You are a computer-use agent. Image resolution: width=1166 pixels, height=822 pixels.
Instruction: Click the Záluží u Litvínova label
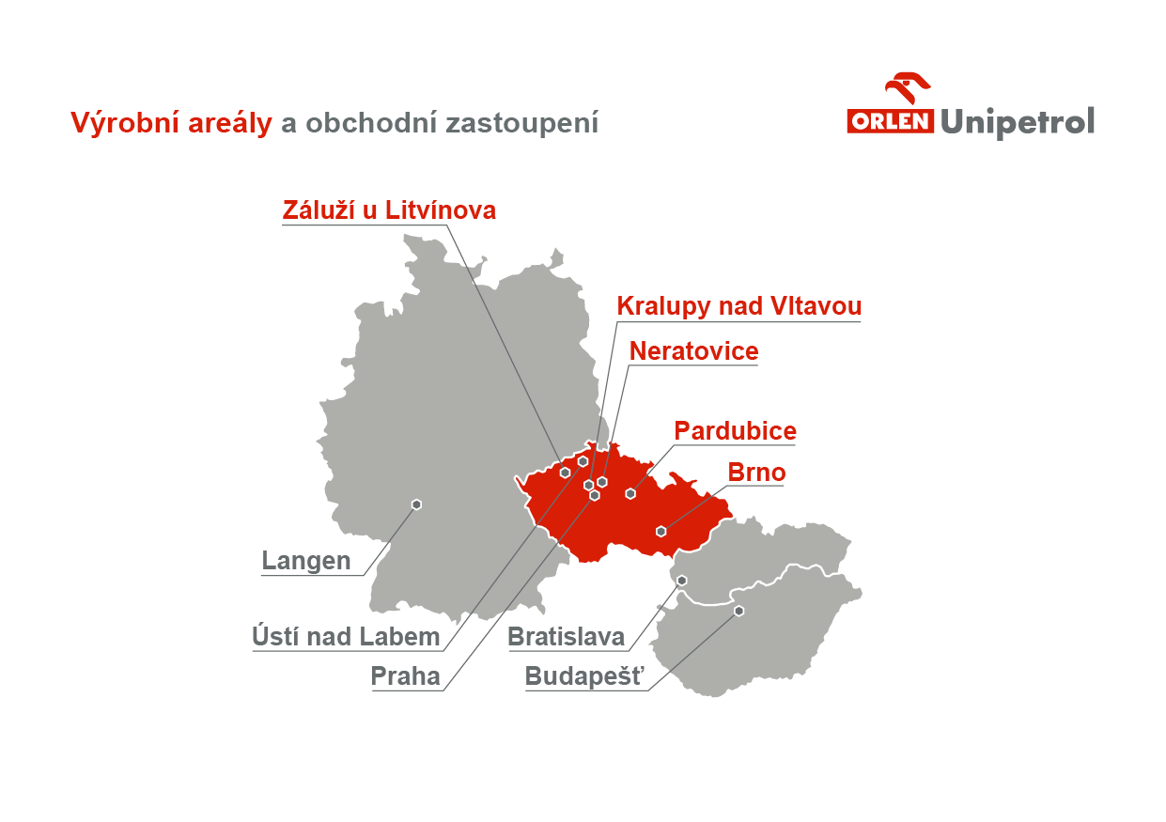389,210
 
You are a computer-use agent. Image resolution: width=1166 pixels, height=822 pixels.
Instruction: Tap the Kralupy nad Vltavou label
738,306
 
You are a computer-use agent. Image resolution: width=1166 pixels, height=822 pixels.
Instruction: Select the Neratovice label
694,350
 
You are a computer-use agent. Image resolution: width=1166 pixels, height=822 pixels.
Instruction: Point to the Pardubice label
735,431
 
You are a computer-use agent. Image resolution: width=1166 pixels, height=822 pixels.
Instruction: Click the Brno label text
756,473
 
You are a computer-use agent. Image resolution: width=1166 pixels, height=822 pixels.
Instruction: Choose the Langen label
306,561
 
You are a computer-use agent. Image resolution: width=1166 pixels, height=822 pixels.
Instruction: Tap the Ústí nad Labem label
346,637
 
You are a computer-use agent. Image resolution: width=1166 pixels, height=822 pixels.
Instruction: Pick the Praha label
406,676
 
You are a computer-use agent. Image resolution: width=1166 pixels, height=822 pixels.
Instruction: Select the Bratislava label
567,637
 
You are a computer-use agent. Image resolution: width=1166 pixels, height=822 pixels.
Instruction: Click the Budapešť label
584,676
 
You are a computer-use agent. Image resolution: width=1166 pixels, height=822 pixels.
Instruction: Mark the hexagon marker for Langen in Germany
416,504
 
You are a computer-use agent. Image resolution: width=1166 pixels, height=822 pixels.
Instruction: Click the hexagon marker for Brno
661,532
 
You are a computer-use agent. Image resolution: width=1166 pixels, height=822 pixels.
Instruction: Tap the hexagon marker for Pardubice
630,493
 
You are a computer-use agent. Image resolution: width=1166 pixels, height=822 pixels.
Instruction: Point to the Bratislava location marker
682,581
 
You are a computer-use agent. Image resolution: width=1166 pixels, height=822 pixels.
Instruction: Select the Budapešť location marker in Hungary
738,611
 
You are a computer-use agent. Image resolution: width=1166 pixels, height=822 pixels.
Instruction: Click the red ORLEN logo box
890,121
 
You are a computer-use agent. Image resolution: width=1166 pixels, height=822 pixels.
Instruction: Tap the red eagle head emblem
908,87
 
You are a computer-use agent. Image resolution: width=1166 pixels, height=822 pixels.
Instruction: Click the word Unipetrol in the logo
1018,123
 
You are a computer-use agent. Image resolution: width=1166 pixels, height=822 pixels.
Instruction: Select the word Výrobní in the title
125,123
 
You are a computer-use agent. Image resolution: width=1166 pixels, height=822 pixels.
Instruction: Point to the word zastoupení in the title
521,123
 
